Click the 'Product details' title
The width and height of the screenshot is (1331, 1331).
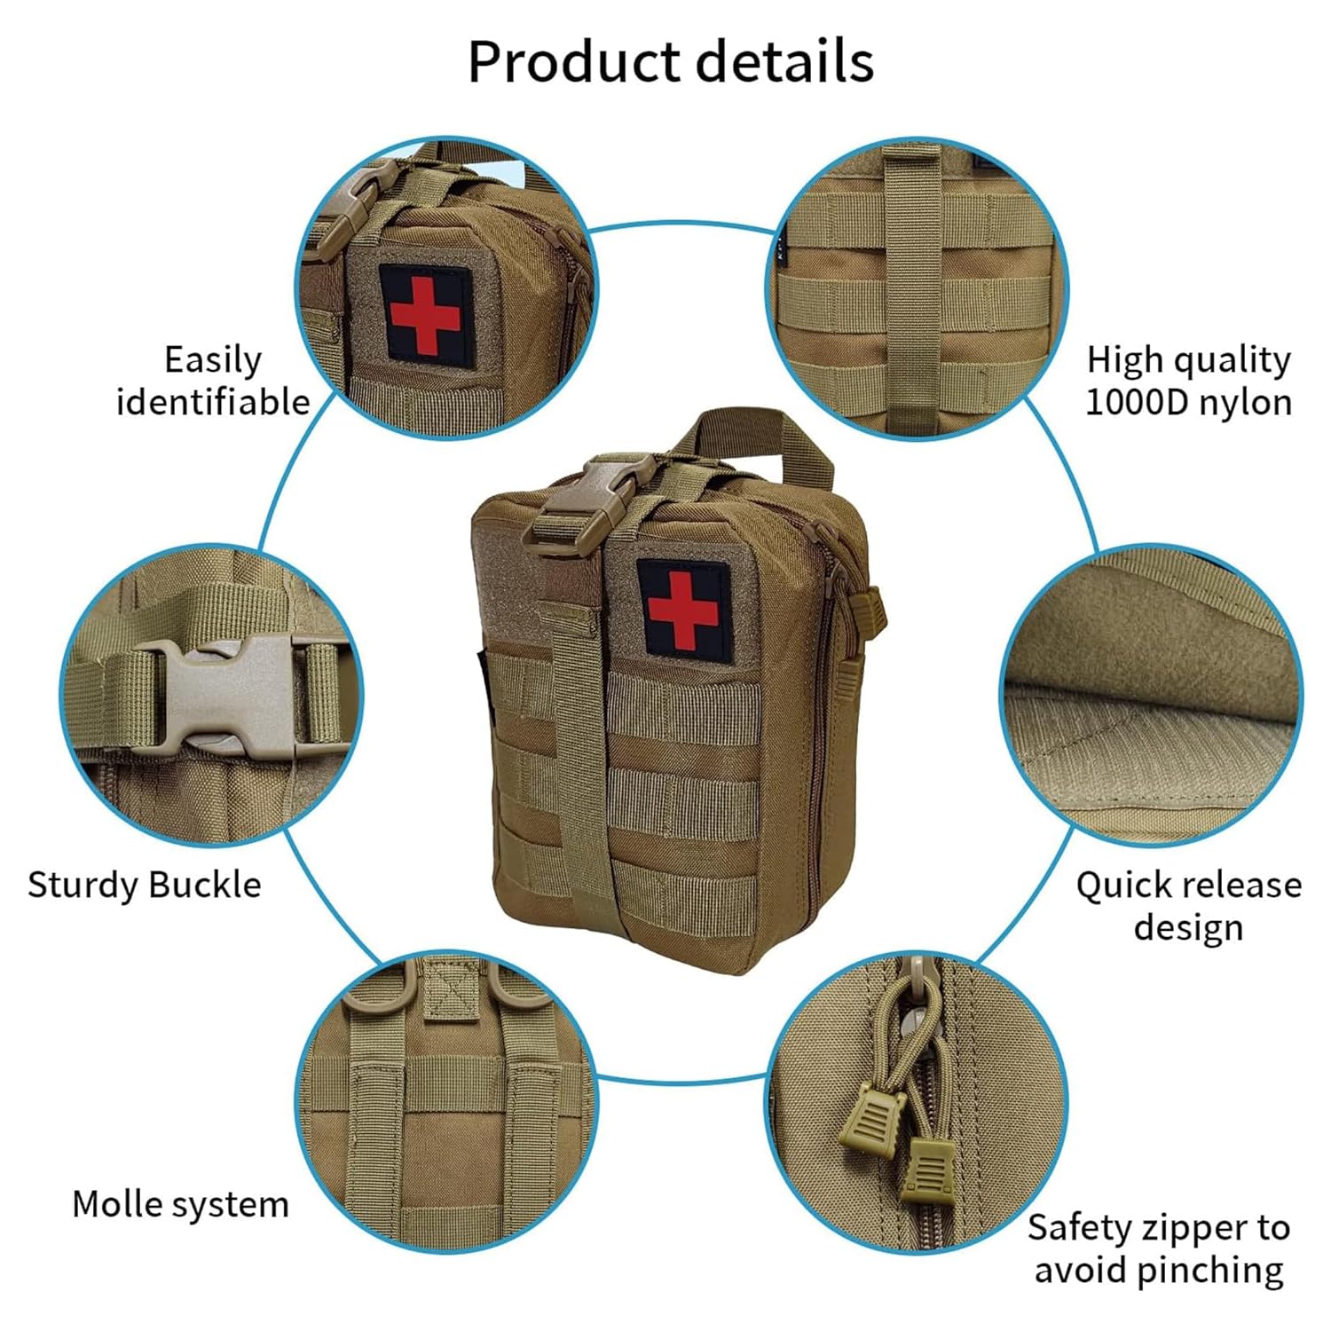[x=671, y=62]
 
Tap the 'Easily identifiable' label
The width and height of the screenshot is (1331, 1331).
[x=213, y=381]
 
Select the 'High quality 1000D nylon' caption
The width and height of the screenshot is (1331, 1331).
[x=1188, y=381]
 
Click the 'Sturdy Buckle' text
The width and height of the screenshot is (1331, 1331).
[x=145, y=885]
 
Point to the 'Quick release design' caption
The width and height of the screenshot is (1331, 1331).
[x=1188, y=906]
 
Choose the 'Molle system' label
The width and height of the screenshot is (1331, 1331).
[x=180, y=1204]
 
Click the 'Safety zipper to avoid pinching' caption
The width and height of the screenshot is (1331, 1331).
[x=1159, y=1248]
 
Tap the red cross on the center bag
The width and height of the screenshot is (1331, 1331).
[x=681, y=609]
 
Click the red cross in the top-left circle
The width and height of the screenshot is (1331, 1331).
[x=425, y=313]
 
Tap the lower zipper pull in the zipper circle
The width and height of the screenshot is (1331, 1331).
[x=928, y=1170]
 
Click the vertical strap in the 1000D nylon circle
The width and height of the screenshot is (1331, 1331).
[x=910, y=284]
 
